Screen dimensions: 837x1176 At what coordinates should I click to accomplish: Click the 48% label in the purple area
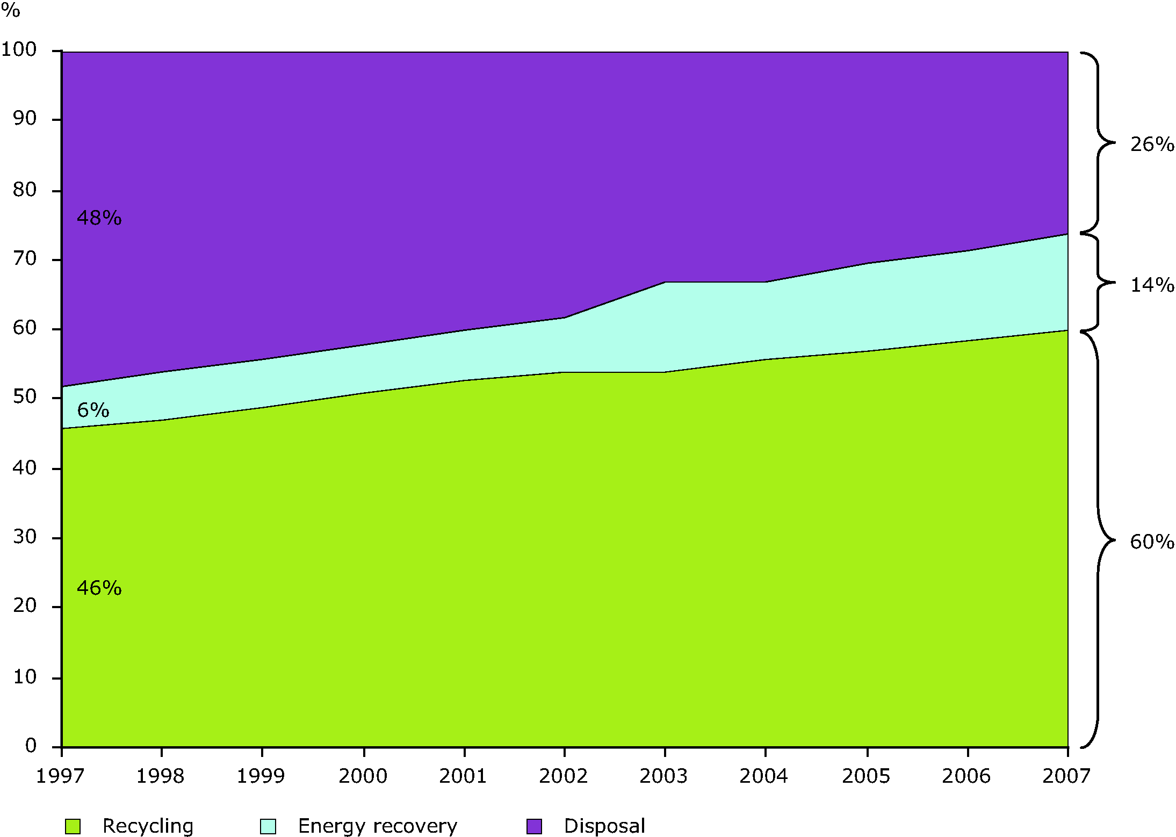click(x=99, y=218)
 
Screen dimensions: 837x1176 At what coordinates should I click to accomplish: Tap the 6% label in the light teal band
click(x=93, y=410)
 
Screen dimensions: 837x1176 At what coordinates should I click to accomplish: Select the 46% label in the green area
click(x=99, y=588)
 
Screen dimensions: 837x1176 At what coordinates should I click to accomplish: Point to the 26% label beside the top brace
click(x=1152, y=145)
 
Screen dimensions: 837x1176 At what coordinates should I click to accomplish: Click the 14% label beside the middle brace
click(x=1152, y=285)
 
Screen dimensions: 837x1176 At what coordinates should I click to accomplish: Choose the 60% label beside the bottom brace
click(x=1152, y=542)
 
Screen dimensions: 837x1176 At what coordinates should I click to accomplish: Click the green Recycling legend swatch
click(x=73, y=826)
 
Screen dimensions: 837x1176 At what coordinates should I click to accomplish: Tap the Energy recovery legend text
click(x=377, y=826)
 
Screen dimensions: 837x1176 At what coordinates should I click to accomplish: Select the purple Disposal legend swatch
click(x=534, y=826)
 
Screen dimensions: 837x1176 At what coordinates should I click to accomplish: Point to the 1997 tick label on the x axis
click(x=60, y=776)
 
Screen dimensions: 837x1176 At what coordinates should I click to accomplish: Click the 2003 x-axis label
click(x=663, y=776)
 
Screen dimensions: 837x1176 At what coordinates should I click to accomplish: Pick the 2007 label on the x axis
click(x=1066, y=776)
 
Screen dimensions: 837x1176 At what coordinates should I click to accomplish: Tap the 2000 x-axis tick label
click(x=363, y=776)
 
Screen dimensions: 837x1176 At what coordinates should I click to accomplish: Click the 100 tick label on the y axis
click(x=19, y=50)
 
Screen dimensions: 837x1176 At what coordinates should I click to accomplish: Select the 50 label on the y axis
click(x=25, y=397)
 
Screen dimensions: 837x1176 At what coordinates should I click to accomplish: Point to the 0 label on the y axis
click(x=31, y=746)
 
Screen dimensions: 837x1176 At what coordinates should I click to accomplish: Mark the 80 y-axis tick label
click(x=25, y=190)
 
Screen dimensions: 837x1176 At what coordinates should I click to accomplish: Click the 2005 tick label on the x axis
click(x=865, y=776)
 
